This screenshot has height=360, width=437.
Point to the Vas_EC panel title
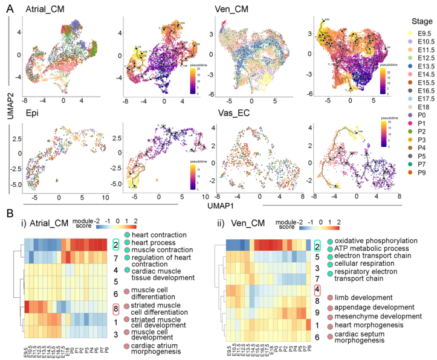[x=231, y=112]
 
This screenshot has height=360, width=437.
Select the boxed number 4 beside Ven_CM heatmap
[x=317, y=289]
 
